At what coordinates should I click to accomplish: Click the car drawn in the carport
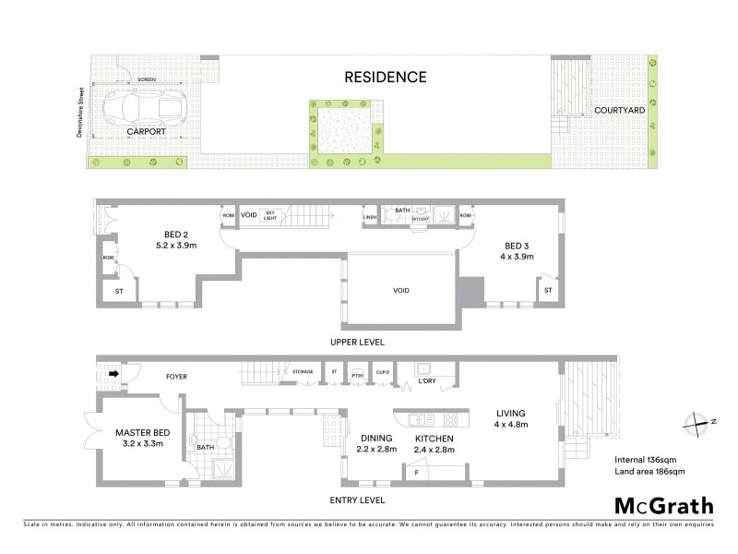(143, 107)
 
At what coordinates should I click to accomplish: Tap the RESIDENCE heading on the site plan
(386, 77)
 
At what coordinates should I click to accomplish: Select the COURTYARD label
(619, 110)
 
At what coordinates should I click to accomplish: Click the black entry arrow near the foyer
(113, 374)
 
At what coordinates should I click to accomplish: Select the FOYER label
(176, 377)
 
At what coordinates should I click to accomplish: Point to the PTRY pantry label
(358, 374)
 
